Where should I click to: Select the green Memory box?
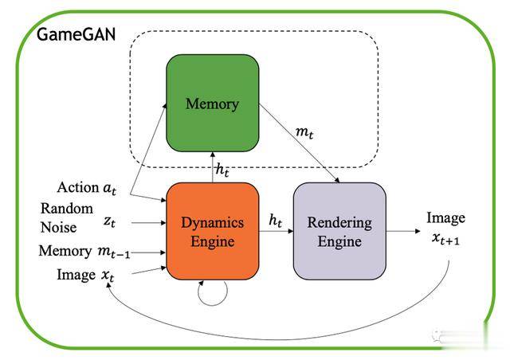tap(212, 103)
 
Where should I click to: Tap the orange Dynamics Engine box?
tap(212, 231)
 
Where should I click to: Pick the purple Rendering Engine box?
tap(339, 231)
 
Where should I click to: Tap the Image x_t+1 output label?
tap(445, 227)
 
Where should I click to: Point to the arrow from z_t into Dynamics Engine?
tap(147, 225)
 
